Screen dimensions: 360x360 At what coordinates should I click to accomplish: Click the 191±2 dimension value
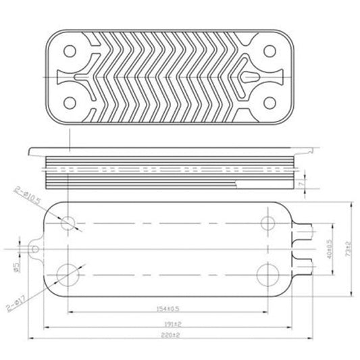click(174, 323)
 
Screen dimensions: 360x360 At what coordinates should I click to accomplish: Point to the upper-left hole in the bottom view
click(68, 224)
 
